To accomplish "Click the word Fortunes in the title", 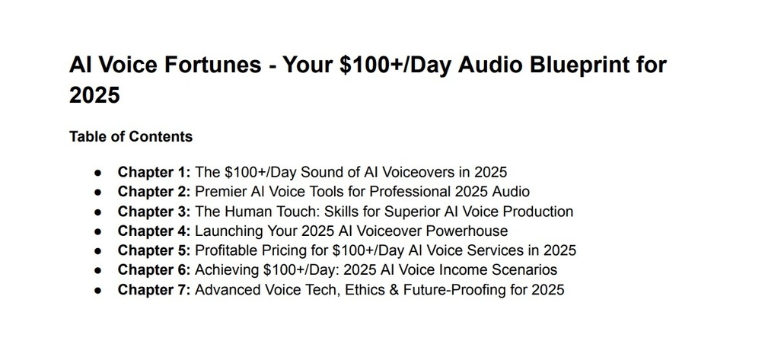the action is pos(212,65).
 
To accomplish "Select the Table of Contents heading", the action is pos(131,136).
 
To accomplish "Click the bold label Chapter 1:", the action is pos(155,172).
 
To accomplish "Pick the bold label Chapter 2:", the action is pos(155,192).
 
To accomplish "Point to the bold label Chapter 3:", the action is pos(155,212).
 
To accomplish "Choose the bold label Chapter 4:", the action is pos(155,231).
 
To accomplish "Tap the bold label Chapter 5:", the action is pos(155,250).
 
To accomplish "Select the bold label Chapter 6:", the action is pos(155,269).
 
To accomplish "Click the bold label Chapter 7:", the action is pos(155,290).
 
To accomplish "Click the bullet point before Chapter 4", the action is pos(98,231).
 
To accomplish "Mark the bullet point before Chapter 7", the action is pos(98,290).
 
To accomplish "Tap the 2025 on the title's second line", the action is pos(94,94).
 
